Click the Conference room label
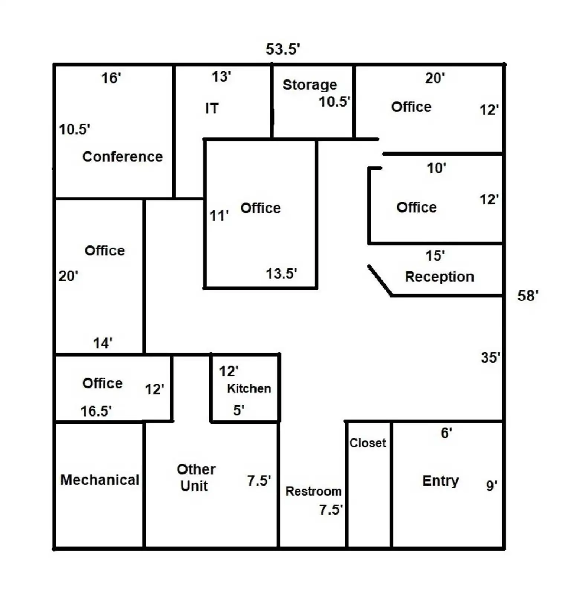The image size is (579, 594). point(123,157)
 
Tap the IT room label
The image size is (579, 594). point(212,108)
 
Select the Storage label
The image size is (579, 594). point(310,85)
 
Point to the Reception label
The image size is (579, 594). point(439,277)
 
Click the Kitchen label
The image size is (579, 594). point(249,388)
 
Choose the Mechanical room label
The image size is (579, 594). point(100,480)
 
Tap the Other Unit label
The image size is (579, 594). point(196,477)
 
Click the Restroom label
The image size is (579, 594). point(313,491)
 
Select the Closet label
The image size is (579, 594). point(368,443)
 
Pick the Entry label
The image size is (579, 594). point(440,480)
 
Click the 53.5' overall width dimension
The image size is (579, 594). point(283,49)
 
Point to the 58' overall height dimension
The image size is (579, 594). point(528,296)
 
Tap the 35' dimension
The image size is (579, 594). point(490,358)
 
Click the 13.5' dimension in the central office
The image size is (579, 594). point(281,274)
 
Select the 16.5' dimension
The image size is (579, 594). point(96,411)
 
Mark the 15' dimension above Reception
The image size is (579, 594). point(435,255)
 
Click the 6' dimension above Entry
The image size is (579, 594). point(446,433)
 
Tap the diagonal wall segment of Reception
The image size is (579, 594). point(380,280)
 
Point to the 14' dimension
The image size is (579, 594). point(103,343)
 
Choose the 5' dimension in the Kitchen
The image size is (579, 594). point(238,410)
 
